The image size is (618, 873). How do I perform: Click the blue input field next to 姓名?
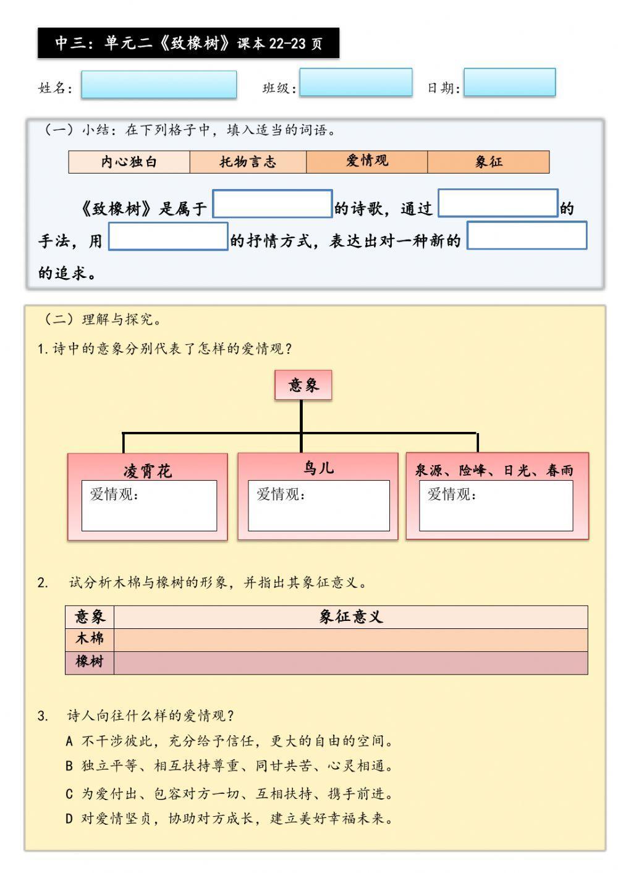tap(158, 85)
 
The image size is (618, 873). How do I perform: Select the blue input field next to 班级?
tap(355, 82)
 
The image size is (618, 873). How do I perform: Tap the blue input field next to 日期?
tap(509, 82)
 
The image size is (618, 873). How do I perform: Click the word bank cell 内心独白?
tap(129, 162)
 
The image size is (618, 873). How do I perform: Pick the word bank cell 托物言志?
tap(248, 162)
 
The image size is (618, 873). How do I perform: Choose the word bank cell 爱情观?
tap(366, 161)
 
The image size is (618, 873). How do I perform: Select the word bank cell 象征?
tap(488, 162)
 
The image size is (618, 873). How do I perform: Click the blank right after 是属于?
tap(272, 204)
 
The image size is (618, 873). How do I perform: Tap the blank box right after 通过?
tap(497, 203)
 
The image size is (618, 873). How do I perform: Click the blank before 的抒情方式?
tap(168, 237)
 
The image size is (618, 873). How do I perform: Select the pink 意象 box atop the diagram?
tap(303, 386)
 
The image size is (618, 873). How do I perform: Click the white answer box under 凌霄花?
tap(149, 505)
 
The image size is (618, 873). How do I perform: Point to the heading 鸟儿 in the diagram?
tap(318, 468)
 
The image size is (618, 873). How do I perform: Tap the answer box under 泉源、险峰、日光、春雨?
tap(496, 505)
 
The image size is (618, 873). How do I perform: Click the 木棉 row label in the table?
tap(90, 639)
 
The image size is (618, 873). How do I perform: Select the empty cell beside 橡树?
tap(350, 662)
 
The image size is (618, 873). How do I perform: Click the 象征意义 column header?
tap(350, 617)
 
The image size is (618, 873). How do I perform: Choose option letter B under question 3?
tap(69, 766)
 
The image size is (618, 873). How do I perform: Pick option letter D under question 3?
tap(69, 819)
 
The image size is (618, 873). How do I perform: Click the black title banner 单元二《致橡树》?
tap(188, 43)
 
